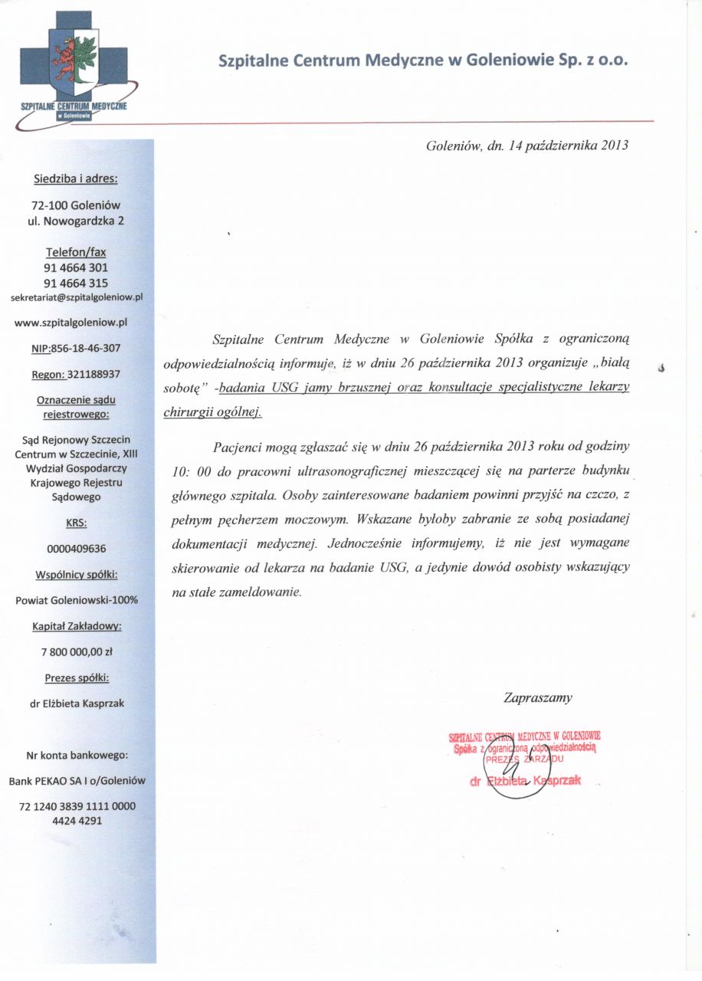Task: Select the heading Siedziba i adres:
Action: pyautogui.click(x=75, y=180)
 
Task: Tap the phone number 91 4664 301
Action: pyautogui.click(x=76, y=267)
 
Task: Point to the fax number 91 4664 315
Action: pyautogui.click(x=76, y=282)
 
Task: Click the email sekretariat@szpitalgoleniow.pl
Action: pyautogui.click(x=77, y=297)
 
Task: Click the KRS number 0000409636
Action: pyautogui.click(x=76, y=549)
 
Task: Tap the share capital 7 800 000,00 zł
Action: pyautogui.click(x=77, y=651)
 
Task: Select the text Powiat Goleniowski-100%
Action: pyautogui.click(x=77, y=600)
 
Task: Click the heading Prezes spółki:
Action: pyautogui.click(x=76, y=678)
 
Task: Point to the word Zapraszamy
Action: pyautogui.click(x=538, y=698)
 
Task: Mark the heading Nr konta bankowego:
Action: pyautogui.click(x=77, y=755)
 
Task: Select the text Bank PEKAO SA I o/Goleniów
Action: pyautogui.click(x=77, y=782)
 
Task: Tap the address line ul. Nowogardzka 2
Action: pyautogui.click(x=76, y=221)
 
